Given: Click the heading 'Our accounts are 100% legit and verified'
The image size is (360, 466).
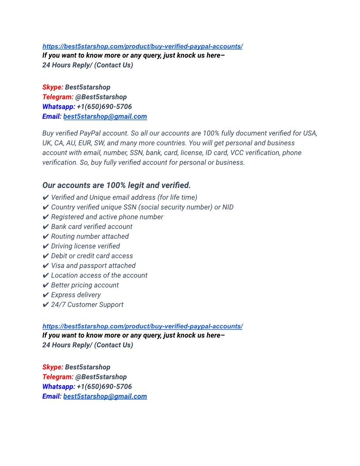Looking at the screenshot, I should (x=116, y=185).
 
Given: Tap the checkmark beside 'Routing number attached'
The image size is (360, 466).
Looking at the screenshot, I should (x=45, y=237).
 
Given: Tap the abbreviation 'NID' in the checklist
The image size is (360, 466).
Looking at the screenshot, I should (x=228, y=207).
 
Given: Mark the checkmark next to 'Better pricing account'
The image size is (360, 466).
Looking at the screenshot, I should (x=45, y=285).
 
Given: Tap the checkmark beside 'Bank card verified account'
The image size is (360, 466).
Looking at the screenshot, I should (x=45, y=227).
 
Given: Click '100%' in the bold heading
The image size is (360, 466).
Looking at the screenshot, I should (x=116, y=185).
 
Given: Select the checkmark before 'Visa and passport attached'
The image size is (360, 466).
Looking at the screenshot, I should (x=45, y=266).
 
